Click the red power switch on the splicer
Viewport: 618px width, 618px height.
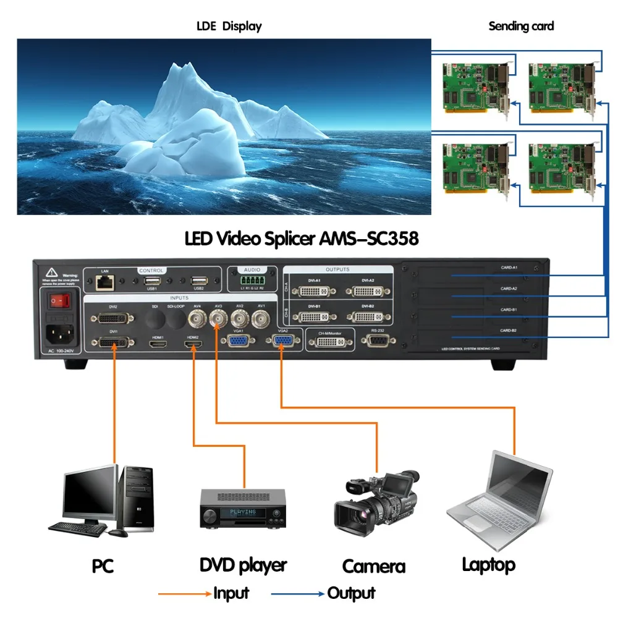coord(58,301)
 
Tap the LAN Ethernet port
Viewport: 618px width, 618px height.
coord(101,282)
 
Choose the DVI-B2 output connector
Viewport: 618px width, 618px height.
coord(368,316)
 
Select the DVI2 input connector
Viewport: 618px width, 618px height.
coord(112,318)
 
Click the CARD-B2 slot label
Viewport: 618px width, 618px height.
coord(509,331)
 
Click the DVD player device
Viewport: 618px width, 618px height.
coord(243,509)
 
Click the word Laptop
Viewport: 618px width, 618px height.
coord(488,564)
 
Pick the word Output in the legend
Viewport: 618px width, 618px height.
coord(351,593)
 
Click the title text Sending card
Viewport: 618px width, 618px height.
coord(521,26)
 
